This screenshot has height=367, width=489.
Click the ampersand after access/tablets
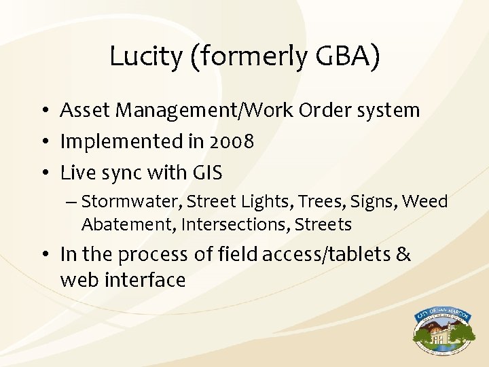coord(403,254)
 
